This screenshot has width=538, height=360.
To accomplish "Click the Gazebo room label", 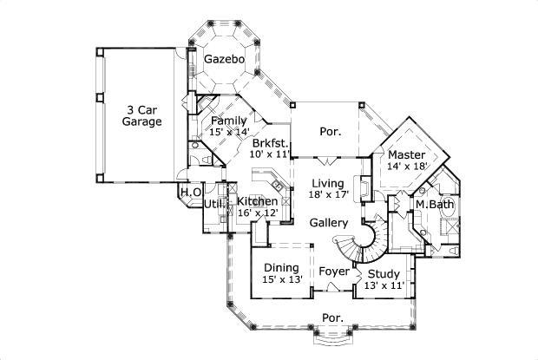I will point(224,60).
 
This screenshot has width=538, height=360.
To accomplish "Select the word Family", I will point(228,121).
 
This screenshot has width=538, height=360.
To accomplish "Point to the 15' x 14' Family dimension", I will point(228,132).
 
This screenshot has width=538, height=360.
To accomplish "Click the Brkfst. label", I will point(270,141).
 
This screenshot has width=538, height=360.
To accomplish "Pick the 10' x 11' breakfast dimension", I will point(270,154).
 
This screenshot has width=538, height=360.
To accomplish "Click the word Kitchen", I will point(257,201).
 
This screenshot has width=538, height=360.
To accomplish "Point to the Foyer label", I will point(334,272).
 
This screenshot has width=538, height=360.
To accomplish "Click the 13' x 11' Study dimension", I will point(384,285).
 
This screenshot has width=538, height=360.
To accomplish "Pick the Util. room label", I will point(214,205).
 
